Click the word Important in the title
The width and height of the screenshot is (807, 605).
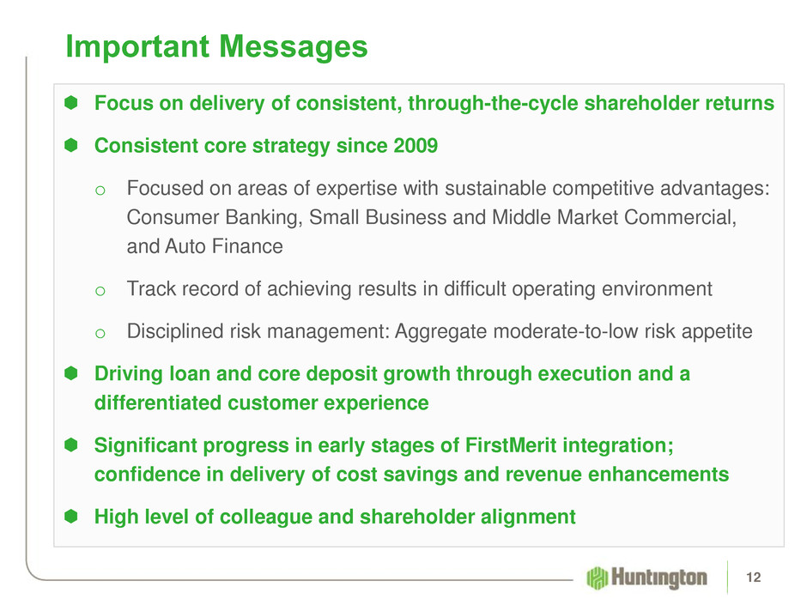[x=137, y=47]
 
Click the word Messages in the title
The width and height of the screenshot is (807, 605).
[x=294, y=47]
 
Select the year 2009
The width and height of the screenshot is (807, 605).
[x=416, y=146]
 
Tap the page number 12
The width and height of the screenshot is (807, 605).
[x=753, y=578]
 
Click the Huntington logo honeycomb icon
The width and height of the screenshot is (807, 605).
[x=597, y=578]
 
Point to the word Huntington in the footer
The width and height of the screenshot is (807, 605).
[x=658, y=578]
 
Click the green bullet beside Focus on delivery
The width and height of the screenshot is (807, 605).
[x=71, y=102]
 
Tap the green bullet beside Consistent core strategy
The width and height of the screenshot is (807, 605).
[x=71, y=145]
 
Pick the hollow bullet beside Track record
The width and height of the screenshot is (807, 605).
[x=100, y=291]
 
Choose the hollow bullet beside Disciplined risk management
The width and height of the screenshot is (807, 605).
[x=100, y=333]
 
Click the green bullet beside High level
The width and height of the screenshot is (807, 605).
[x=71, y=516]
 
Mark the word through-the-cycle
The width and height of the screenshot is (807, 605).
[x=493, y=103]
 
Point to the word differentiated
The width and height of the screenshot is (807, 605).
[x=157, y=402]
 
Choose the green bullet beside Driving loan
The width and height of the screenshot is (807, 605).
[x=71, y=373]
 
